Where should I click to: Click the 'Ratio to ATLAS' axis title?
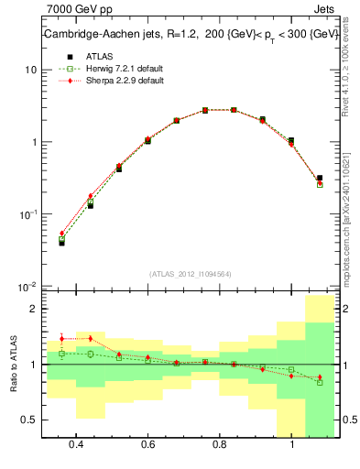click(13, 365)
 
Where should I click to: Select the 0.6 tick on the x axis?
click(147, 444)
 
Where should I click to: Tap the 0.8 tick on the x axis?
click(220, 444)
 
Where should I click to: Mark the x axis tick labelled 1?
click(291, 444)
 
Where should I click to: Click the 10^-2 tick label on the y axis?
click(27, 286)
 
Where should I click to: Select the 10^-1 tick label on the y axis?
click(27, 213)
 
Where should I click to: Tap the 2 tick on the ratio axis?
click(33, 310)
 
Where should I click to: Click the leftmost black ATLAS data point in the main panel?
click(61, 243)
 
